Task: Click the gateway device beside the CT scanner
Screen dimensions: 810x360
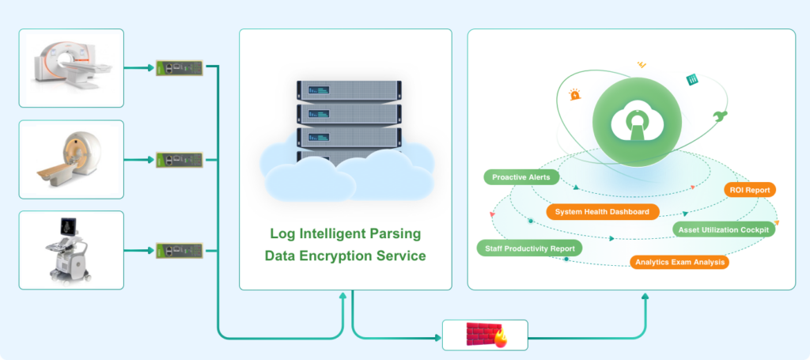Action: tap(180, 68)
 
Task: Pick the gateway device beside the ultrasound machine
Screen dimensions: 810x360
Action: tap(180, 251)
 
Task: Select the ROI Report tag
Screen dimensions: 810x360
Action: tap(750, 190)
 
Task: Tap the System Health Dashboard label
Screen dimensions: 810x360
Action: tap(602, 212)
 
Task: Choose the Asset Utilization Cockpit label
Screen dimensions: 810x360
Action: tap(724, 229)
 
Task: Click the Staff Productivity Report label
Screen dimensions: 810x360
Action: tap(530, 248)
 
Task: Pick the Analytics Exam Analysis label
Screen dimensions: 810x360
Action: tap(679, 262)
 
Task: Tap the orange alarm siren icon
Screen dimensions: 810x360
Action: tap(574, 94)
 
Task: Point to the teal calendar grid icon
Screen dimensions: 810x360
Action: tap(691, 80)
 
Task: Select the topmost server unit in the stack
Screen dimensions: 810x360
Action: tap(349, 91)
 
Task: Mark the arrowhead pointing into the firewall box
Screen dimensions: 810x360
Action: tap(438, 339)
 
